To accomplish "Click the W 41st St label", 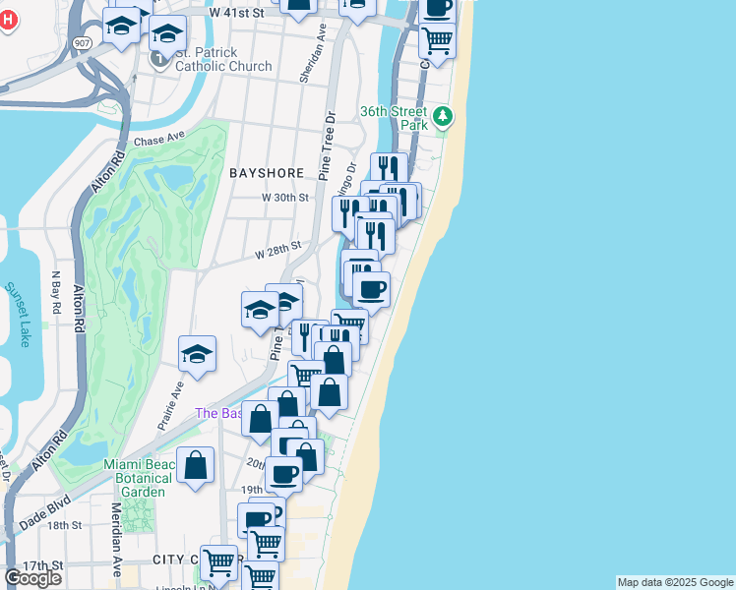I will (x=237, y=13).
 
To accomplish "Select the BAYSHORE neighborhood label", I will (x=267, y=172).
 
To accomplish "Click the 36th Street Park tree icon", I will (x=444, y=118).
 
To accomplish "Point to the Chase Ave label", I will (x=158, y=141).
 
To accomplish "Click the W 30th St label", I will (x=284, y=197).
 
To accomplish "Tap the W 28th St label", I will (x=276, y=252).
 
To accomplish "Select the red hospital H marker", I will (x=8, y=19).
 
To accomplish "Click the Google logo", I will (x=32, y=577).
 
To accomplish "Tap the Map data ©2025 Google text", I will (x=675, y=582).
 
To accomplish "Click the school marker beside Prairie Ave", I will (x=197, y=354).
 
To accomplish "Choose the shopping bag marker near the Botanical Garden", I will (x=196, y=465).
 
